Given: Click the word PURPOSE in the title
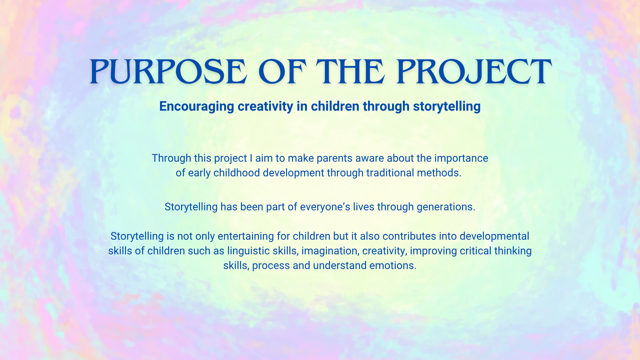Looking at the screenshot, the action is (168, 72).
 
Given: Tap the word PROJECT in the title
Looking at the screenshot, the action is (474, 72).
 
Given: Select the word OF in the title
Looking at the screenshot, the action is (282, 72).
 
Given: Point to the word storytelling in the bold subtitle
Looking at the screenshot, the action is (447, 107).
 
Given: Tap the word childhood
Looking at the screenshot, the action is (237, 173).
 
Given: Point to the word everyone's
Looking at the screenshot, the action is (325, 207).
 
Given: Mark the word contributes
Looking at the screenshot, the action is (409, 236).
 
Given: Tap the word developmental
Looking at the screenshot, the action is (494, 236).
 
